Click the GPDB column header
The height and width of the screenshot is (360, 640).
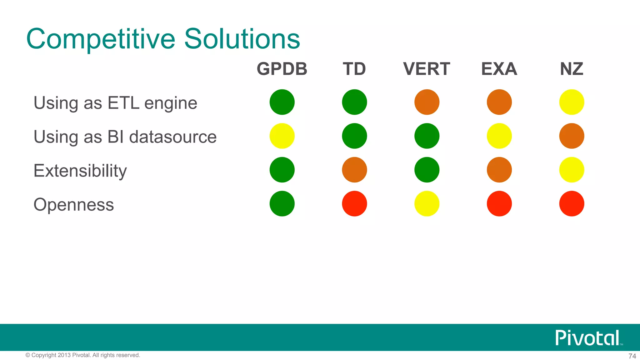coord(282,69)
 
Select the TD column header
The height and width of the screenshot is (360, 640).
coord(354,69)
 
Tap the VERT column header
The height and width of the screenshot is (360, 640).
coord(427,69)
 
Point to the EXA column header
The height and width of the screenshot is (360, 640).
coord(499,69)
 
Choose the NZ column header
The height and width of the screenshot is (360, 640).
coord(572,69)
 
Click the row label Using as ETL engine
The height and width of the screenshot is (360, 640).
coord(115,103)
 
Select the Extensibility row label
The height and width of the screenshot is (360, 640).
coord(80,171)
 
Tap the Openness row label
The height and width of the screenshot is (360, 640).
coord(74,205)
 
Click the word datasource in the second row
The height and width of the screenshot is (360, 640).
coord(173,137)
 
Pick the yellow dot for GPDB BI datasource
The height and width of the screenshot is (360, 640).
coord(282,136)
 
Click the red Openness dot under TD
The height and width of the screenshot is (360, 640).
coord(354,204)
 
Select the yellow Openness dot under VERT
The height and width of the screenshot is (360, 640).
coord(427,204)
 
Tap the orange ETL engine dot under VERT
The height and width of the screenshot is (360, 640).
coord(427,102)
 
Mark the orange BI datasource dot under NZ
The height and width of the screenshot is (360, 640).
coord(572,136)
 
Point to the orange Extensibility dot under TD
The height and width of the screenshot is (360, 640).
coord(354,170)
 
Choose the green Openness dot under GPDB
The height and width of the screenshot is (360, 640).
coord(282,204)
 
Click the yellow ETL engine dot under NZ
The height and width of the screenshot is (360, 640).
coord(572,102)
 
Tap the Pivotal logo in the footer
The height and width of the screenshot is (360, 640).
coord(587,338)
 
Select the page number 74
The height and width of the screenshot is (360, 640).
coord(632,356)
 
